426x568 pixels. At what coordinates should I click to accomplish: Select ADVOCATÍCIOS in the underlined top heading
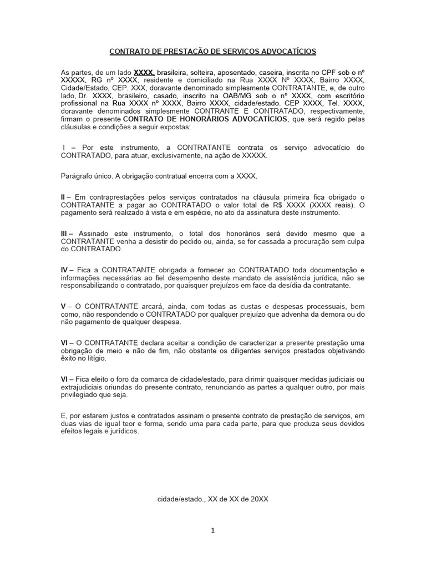[x=287, y=52]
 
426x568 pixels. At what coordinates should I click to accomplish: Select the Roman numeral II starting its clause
[x=64, y=197]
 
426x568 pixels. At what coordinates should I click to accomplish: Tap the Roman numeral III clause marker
[x=65, y=234]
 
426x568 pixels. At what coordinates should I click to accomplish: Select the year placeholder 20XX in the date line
[x=259, y=499]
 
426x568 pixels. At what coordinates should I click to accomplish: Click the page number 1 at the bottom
[x=213, y=530]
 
